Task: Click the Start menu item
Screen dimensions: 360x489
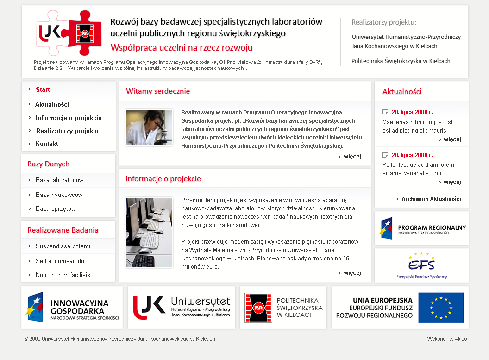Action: [x=43, y=89]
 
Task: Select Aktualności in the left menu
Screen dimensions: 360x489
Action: [x=52, y=104]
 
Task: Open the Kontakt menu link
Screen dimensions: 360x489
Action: [x=47, y=144]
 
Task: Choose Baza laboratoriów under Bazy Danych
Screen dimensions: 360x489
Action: [x=59, y=180]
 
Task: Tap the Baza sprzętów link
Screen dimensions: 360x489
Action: [x=56, y=208]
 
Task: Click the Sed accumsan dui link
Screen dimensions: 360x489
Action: [x=60, y=261]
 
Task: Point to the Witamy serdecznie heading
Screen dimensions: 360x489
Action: [x=158, y=91]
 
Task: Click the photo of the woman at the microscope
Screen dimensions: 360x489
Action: [x=149, y=128]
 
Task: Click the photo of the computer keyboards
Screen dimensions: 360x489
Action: [x=149, y=232]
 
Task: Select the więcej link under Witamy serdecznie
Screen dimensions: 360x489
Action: [x=352, y=157]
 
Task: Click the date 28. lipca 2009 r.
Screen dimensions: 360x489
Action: [x=412, y=112]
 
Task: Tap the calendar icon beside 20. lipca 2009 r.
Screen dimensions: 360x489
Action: [x=385, y=155]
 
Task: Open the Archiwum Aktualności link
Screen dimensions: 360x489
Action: [x=431, y=199]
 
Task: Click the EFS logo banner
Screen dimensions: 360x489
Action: [x=421, y=265]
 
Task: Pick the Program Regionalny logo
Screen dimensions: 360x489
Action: [x=421, y=228]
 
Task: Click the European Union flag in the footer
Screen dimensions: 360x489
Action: [x=441, y=308]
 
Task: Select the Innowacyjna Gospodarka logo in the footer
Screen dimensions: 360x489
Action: [x=72, y=308]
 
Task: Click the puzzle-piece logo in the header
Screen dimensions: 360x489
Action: [x=69, y=33]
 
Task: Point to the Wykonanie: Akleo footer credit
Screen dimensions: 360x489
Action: [x=447, y=339]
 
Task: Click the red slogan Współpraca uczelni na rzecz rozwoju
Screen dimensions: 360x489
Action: [x=182, y=48]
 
